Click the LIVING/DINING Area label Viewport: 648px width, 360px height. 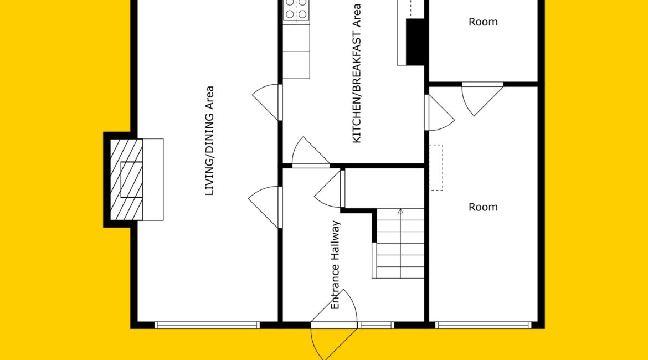210,141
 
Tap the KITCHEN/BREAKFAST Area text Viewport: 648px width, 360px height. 356,73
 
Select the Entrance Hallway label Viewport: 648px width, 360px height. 335,265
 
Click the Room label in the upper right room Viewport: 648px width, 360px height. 483,22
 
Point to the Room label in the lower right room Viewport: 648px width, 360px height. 483,207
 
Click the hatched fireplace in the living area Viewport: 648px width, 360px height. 126,179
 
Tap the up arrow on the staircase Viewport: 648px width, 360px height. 400,243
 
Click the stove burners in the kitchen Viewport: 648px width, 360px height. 296,9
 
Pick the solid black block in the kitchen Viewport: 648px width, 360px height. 415,42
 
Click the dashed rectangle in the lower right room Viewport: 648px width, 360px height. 436,167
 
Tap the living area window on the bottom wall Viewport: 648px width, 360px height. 207,325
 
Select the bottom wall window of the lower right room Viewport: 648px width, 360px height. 483,325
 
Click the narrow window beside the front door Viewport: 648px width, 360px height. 376,325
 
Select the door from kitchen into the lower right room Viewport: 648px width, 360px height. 439,113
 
